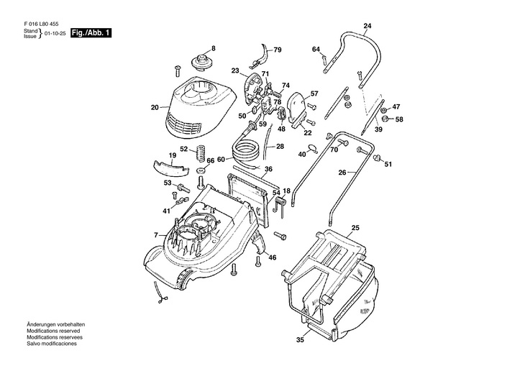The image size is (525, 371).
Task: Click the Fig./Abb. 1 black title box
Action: click(x=91, y=33)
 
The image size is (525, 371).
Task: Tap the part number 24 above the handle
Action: click(x=367, y=26)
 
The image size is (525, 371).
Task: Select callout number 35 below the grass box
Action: click(x=300, y=340)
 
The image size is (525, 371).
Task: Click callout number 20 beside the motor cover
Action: click(x=155, y=107)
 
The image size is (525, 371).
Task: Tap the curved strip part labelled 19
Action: click(x=170, y=168)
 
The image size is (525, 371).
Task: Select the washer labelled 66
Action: click(x=202, y=170)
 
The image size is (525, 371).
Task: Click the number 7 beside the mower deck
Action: click(x=155, y=235)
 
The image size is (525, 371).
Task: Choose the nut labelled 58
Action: click(x=385, y=119)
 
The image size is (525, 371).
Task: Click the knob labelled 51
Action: click(x=377, y=158)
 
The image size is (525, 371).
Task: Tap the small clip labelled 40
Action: click(x=313, y=148)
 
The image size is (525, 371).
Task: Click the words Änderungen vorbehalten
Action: click(x=55, y=324)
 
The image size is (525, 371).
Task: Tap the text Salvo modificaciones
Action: click(x=52, y=344)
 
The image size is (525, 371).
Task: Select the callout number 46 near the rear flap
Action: click(x=273, y=257)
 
